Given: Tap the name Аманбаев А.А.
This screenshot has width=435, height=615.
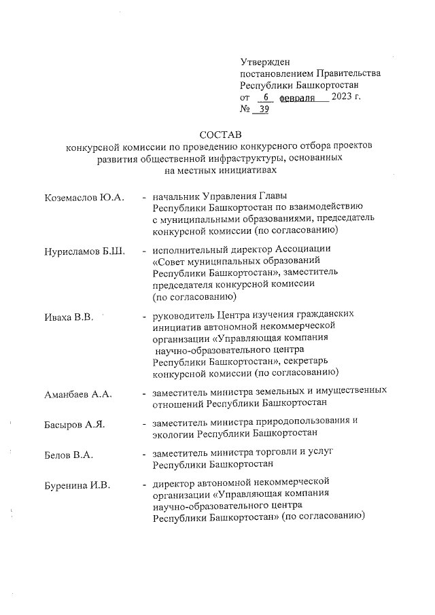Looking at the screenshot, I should [77, 394].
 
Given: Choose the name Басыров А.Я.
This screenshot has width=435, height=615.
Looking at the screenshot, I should [75, 425].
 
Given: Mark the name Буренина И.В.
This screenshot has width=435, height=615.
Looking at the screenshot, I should [77, 485].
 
